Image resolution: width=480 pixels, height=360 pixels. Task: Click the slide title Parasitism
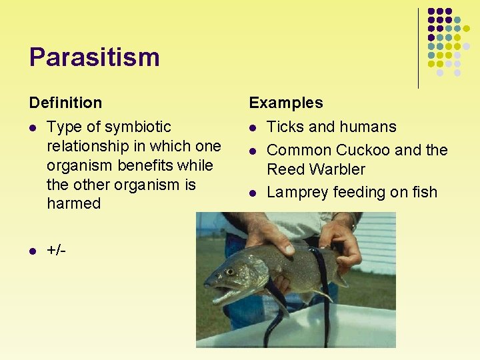pos(94,57)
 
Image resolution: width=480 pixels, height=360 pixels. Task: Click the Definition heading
pos(65,103)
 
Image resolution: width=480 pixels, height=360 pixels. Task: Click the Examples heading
pos(285,103)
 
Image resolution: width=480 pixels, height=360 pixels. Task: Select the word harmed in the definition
pos(73,203)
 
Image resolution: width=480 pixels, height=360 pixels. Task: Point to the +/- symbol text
pos(56,250)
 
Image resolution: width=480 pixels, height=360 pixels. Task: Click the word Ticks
pos(286,127)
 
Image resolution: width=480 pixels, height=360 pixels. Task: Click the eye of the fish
pos(231,272)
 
